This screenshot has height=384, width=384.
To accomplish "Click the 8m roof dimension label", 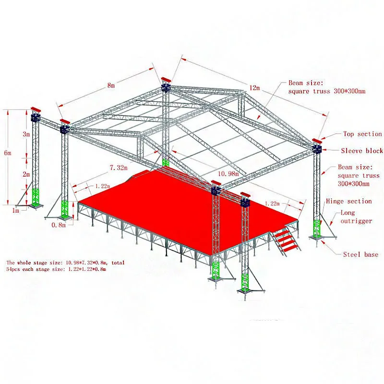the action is [x=111, y=85].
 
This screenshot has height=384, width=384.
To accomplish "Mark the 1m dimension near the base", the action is [x=16, y=210].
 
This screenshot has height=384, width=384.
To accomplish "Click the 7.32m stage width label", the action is [x=119, y=167].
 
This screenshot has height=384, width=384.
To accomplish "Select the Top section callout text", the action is [x=362, y=134].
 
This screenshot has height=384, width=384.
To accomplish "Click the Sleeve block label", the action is [x=362, y=151].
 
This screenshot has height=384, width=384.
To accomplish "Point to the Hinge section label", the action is [x=349, y=202].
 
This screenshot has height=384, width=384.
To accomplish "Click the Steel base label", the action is [x=360, y=254].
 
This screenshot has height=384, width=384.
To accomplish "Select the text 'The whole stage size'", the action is [x=36, y=263].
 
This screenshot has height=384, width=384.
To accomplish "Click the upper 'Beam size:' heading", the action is [x=306, y=83].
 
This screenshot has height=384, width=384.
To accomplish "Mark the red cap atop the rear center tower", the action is [x=166, y=79].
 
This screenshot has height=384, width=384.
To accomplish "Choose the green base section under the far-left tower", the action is [x=35, y=196].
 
